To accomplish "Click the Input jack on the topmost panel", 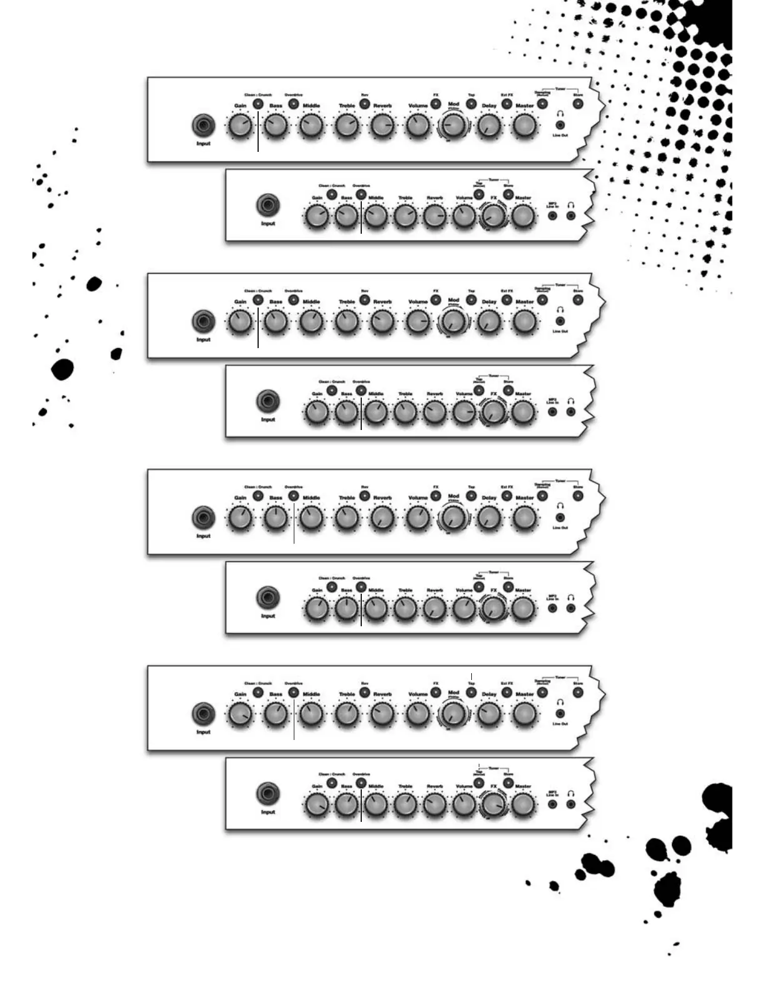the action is (x=203, y=126).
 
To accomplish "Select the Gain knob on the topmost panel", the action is (x=240, y=126).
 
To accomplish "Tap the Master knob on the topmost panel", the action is (x=524, y=126).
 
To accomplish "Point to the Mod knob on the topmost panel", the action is (x=454, y=126).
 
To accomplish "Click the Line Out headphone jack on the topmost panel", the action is (x=560, y=126).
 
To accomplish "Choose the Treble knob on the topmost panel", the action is (x=347, y=126).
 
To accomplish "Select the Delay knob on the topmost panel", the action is (x=489, y=126).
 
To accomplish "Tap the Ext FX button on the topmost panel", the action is (x=507, y=104).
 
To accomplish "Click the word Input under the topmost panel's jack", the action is (x=203, y=144).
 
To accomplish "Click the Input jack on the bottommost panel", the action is (x=268, y=794).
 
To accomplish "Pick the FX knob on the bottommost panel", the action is (x=493, y=804).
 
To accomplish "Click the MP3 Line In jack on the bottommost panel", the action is (x=552, y=804).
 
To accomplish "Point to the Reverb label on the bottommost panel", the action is (x=434, y=786).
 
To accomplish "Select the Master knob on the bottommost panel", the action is (x=523, y=804).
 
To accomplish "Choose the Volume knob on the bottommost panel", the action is (x=464, y=804).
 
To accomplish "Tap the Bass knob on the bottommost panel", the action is (x=346, y=804).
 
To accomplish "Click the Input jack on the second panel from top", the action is (x=268, y=206).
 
